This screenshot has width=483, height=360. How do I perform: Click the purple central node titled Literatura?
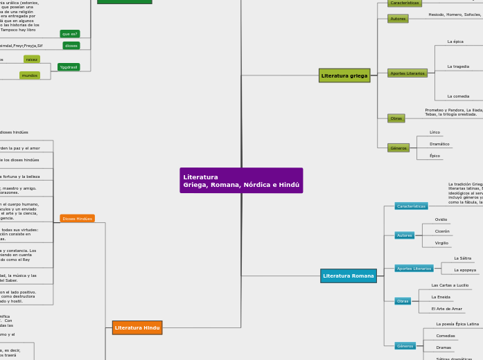point(241,181)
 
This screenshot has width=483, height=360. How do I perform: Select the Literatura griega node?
point(344,75)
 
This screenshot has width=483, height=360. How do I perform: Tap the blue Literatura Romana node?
point(349,276)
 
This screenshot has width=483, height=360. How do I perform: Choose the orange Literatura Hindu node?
point(137,327)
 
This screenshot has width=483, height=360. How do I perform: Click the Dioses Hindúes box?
point(77,219)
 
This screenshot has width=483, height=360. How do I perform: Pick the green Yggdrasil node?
point(69,67)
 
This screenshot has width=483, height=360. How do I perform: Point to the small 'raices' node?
point(32,60)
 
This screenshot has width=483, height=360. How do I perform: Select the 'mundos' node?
point(30,75)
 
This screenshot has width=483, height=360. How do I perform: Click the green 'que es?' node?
point(70,34)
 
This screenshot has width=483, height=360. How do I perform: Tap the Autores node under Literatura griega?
point(398,19)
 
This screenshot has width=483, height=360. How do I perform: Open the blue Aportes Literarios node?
point(414,269)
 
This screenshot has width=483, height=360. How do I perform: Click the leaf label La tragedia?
point(458,66)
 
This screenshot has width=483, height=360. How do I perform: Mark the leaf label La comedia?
point(458,96)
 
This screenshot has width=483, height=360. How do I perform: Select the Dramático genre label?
point(439,144)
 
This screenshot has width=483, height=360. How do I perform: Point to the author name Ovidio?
point(441,219)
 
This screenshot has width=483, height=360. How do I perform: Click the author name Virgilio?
point(441,243)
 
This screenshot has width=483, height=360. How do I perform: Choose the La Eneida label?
point(441,297)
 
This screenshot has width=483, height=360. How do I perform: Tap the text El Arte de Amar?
point(446,309)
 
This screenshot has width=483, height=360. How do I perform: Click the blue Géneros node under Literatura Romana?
point(405,345)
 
